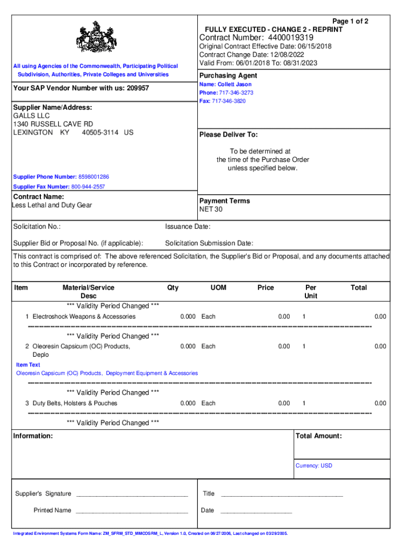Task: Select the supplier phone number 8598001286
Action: [x=94, y=177]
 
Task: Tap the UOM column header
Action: [x=218, y=288]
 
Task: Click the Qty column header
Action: [x=173, y=288]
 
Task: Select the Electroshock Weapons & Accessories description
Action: [x=84, y=316]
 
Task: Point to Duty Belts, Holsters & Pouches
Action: [x=75, y=403]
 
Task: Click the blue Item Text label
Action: [x=28, y=365]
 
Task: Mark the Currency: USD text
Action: [x=314, y=465]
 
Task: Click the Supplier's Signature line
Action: [x=132, y=494]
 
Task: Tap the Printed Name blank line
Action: [x=132, y=511]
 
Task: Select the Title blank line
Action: [x=282, y=494]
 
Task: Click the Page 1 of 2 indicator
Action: [x=351, y=22]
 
